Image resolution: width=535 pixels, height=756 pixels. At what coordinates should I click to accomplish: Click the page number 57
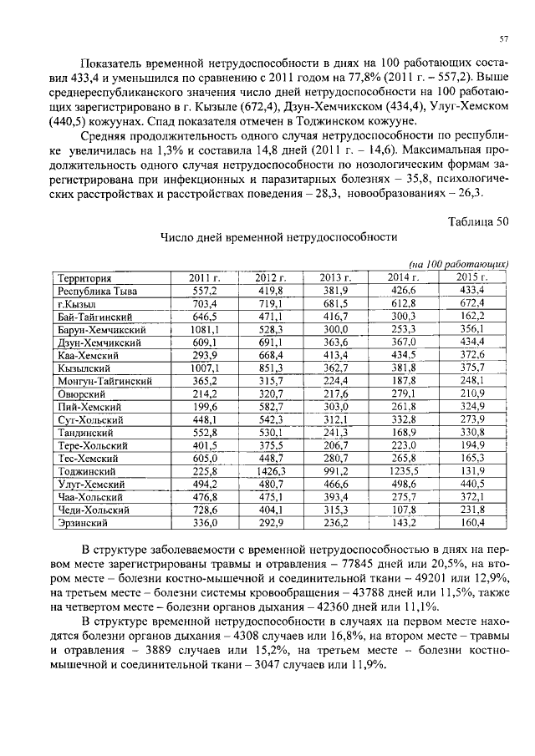pyautogui.click(x=504, y=39)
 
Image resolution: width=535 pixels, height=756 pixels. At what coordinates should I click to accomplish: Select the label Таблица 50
pyautogui.click(x=477, y=221)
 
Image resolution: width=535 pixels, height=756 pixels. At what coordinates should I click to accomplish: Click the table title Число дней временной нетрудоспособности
pyautogui.click(x=279, y=237)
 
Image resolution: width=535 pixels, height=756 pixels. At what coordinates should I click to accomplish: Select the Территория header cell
pyautogui.click(x=84, y=277)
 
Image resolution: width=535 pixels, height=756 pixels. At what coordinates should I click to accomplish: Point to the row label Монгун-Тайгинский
pyautogui.click(x=104, y=381)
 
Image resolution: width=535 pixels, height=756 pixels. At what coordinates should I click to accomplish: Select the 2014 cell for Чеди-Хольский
pyautogui.click(x=404, y=510)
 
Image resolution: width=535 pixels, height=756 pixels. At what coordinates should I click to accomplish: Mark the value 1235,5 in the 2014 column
pyautogui.click(x=401, y=471)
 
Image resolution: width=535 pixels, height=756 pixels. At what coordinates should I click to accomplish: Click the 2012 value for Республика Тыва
pyautogui.click(x=270, y=291)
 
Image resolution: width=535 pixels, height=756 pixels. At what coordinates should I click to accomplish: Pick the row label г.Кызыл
pyautogui.click(x=78, y=303)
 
